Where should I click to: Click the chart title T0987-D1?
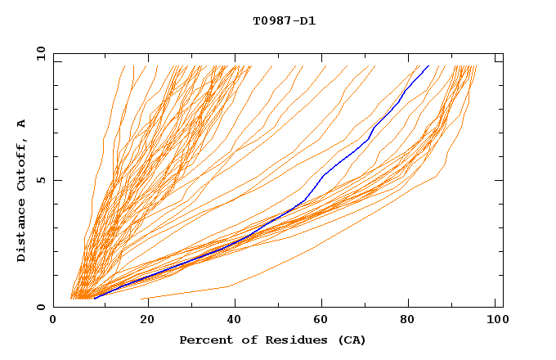[284, 21]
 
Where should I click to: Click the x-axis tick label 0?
[53, 319]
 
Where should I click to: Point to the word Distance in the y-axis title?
[22, 232]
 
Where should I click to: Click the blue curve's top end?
[428, 65]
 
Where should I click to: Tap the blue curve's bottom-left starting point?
[94, 299]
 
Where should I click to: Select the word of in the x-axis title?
[242, 340]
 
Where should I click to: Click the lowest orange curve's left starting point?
[142, 299]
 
